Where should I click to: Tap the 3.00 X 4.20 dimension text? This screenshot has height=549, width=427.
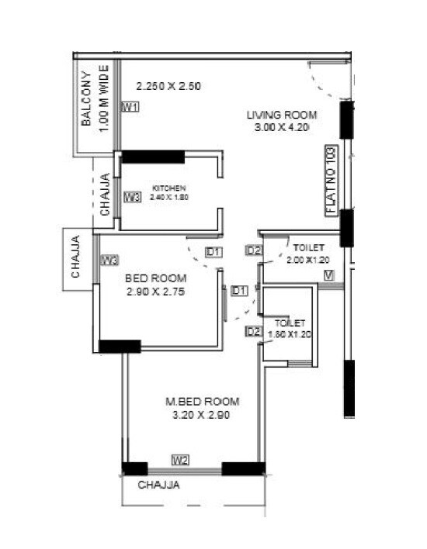(x=282, y=128)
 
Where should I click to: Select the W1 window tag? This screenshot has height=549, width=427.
(x=130, y=107)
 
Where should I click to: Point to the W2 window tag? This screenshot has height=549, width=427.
(x=180, y=460)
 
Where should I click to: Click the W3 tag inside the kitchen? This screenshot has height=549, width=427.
(x=131, y=197)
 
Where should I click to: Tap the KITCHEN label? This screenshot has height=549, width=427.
(x=168, y=188)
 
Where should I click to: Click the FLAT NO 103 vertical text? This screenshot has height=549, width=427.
(x=331, y=180)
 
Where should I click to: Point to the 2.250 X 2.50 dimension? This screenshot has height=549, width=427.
(x=168, y=86)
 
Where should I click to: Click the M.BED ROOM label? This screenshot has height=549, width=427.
(x=202, y=402)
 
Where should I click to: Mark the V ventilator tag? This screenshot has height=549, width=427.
(x=329, y=275)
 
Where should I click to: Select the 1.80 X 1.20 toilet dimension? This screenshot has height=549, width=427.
(x=289, y=335)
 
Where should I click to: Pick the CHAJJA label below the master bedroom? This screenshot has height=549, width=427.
(x=159, y=486)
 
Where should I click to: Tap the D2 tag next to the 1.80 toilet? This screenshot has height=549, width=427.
(x=252, y=331)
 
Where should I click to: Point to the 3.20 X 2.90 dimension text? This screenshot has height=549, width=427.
(x=202, y=415)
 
